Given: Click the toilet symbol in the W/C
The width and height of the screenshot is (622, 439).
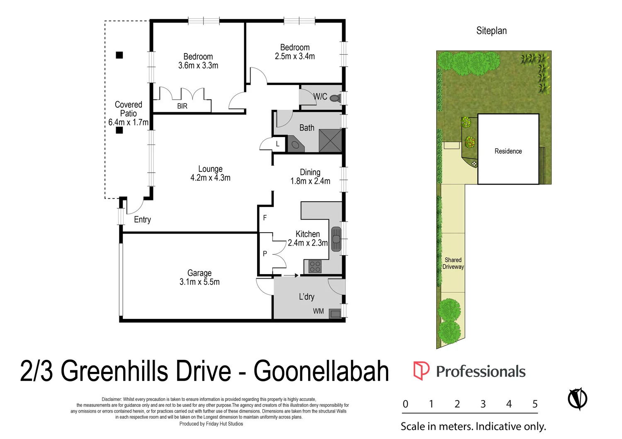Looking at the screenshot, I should pyautogui.click(x=336, y=98).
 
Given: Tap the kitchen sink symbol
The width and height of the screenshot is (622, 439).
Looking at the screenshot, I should pyautogui.click(x=336, y=239).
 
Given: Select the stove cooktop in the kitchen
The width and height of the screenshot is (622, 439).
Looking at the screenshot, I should pyautogui.click(x=315, y=266).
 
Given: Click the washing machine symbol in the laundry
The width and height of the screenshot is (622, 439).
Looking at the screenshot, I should pyautogui.click(x=335, y=314).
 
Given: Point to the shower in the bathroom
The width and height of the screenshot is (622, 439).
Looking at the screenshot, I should pyautogui.click(x=330, y=141).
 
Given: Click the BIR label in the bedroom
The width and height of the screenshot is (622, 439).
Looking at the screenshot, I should pyautogui.click(x=182, y=106).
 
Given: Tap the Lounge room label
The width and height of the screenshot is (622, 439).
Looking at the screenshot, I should pyautogui.click(x=210, y=169).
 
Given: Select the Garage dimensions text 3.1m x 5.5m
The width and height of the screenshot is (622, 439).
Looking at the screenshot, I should pyautogui.click(x=199, y=282).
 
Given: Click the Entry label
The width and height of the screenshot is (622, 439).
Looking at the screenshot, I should pyautogui.click(x=142, y=220).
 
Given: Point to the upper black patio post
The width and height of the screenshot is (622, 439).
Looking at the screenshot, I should pyautogui.click(x=119, y=55).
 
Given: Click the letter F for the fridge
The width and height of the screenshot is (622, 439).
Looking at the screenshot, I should pyautogui.click(x=265, y=218).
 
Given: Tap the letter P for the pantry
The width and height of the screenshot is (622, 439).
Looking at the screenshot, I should pyautogui.click(x=265, y=253).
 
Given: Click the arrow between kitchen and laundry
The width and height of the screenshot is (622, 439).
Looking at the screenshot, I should pyautogui.click(x=291, y=275).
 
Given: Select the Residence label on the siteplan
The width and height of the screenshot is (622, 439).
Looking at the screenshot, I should pyautogui.click(x=508, y=151).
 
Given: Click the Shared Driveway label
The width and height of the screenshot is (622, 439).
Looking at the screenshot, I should pyautogui.click(x=453, y=263).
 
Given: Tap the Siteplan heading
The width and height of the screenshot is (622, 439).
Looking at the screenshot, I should pyautogui.click(x=491, y=31).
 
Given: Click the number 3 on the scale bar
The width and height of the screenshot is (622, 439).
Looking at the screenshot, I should pyautogui.click(x=483, y=404).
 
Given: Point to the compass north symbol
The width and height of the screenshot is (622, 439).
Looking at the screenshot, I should pyautogui.click(x=577, y=399).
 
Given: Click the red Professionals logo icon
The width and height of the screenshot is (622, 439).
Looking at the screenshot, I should pyautogui.click(x=421, y=371).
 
